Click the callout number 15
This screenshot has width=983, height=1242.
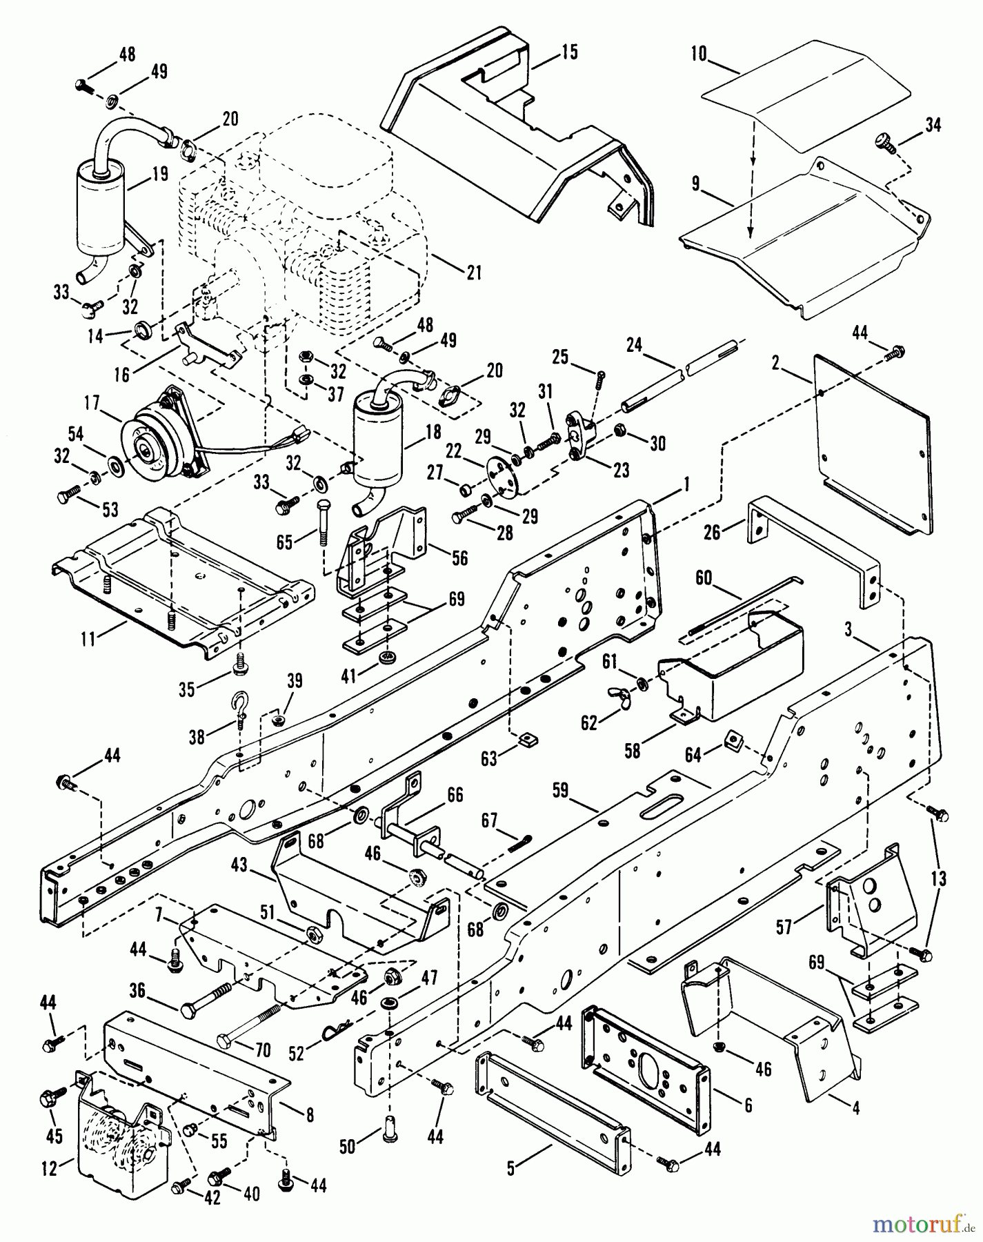tap(569, 52)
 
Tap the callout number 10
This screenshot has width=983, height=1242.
tap(699, 54)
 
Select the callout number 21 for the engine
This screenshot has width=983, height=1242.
tap(473, 273)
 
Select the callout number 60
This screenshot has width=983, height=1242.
tap(703, 576)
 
